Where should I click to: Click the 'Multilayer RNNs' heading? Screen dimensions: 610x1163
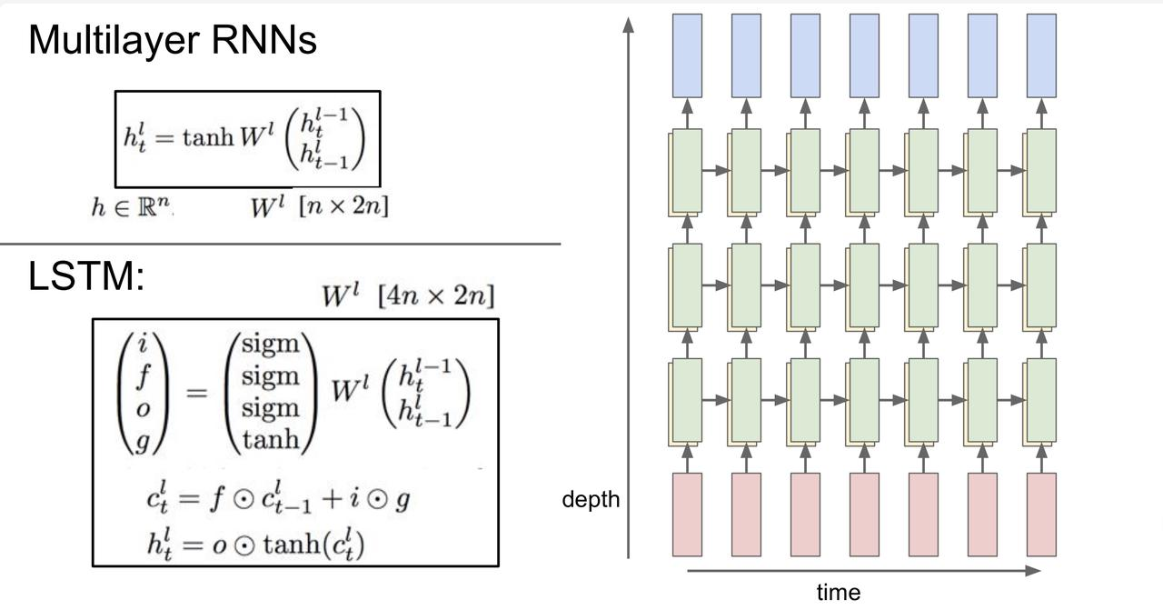[x=173, y=41]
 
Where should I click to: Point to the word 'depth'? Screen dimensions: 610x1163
[x=591, y=499]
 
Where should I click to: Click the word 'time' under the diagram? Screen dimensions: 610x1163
[x=838, y=593]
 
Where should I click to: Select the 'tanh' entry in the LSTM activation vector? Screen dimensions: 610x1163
[x=271, y=440]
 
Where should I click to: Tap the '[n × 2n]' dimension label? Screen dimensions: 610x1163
[x=343, y=206]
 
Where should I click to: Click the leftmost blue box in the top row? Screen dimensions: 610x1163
[x=688, y=55]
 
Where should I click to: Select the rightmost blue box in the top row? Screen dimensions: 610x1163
[x=1041, y=55]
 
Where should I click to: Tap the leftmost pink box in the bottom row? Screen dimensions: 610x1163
[x=688, y=515]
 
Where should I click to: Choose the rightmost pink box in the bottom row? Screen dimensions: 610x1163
[x=1041, y=515]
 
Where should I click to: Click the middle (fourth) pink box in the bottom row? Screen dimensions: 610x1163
[x=864, y=515]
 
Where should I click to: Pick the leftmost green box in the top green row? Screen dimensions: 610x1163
[x=688, y=171]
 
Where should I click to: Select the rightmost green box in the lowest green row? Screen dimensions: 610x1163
[x=1041, y=400]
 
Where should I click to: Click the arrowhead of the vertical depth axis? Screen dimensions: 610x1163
[x=628, y=23]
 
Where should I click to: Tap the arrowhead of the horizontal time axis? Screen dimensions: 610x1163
[x=1033, y=571]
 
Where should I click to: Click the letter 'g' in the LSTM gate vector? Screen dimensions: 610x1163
[x=142, y=441]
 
